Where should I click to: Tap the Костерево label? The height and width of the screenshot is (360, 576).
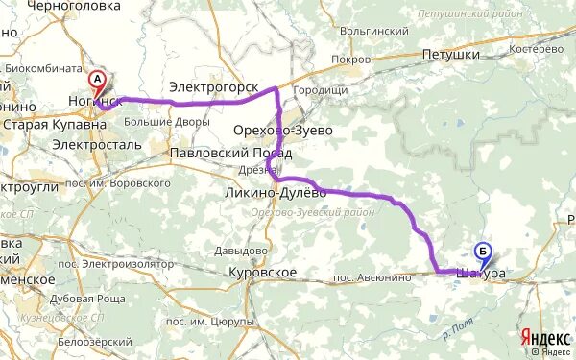click(537, 47)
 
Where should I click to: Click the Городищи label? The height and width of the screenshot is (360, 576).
click(321, 90)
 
